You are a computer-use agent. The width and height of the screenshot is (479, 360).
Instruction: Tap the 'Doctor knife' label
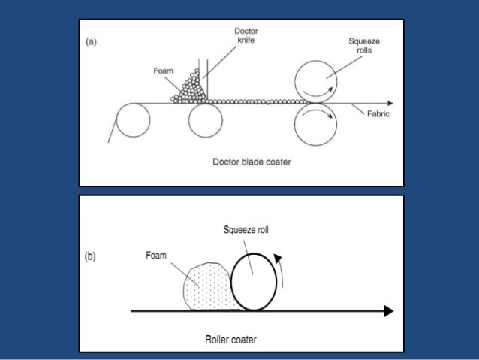[246, 35]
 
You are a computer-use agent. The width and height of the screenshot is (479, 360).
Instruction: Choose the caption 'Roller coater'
[230, 340]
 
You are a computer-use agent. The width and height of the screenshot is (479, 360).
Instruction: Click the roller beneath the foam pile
[205, 120]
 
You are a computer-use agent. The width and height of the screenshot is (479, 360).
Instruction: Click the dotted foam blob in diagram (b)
[205, 286]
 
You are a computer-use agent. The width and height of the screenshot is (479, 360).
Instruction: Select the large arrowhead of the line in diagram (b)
[387, 310]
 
